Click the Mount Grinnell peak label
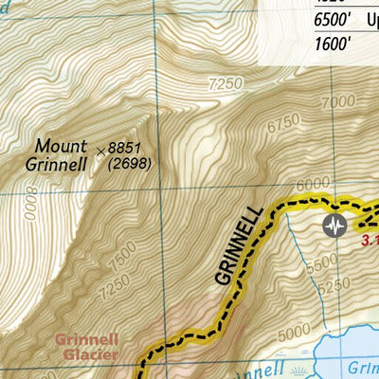click(62, 154)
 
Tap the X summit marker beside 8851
click(100, 149)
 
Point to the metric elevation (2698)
click(130, 164)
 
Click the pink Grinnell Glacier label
click(86, 346)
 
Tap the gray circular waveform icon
click(334, 225)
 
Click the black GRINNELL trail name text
click(236, 245)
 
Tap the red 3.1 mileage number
click(370, 241)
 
